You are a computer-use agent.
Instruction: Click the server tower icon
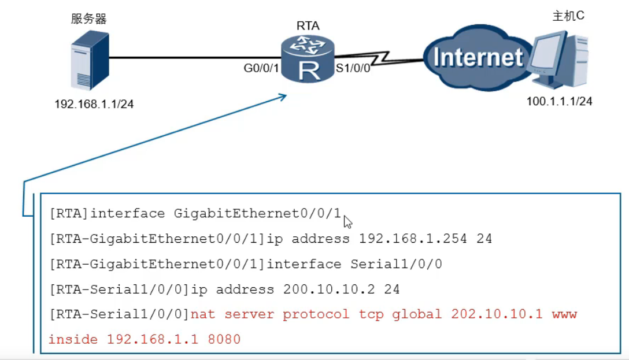[x=90, y=61]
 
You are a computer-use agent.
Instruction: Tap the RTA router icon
[x=308, y=59]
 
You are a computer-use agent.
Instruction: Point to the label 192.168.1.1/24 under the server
[x=94, y=104]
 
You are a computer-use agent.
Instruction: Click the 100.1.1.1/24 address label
[x=559, y=101]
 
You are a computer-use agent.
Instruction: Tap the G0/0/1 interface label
[x=261, y=68]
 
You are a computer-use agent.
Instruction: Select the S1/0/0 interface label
[x=353, y=68]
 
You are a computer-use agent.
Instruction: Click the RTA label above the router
[x=308, y=25]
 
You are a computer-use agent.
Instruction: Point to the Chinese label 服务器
[x=88, y=18]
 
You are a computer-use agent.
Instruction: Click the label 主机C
[x=568, y=16]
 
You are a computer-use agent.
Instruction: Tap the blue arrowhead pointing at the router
[x=282, y=97]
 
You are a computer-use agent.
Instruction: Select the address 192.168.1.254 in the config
[x=413, y=239]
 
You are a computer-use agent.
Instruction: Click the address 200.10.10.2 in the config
[x=329, y=289]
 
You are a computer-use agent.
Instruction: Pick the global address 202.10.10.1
[x=497, y=314]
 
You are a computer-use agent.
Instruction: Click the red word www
[x=564, y=315]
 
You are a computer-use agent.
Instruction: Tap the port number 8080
[x=224, y=340]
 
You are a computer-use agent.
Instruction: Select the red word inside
[x=73, y=340]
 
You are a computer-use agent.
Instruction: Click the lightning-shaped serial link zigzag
[x=379, y=58]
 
